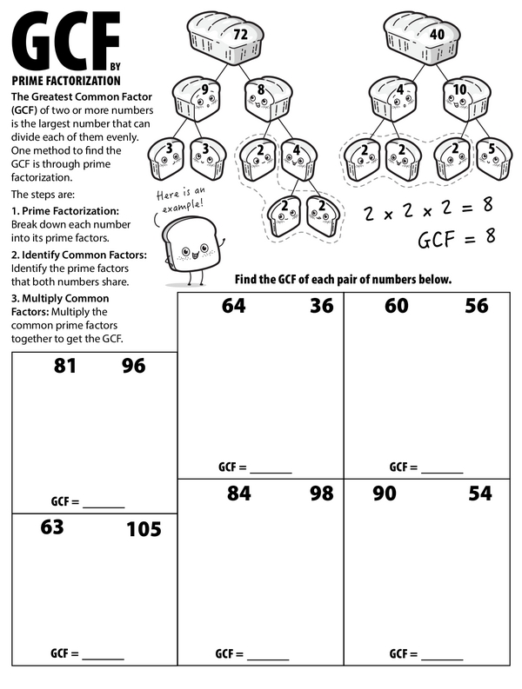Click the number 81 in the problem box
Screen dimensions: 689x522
pos(65,366)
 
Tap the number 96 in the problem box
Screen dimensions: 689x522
pos(133,366)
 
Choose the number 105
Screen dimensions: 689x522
pos(144,528)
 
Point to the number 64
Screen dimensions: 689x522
pos(233,306)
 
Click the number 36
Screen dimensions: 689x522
pos(320,306)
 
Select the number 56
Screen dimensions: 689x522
pos(476,306)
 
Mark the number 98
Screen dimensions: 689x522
pos(321,494)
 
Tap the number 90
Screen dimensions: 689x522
pos(384,494)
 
